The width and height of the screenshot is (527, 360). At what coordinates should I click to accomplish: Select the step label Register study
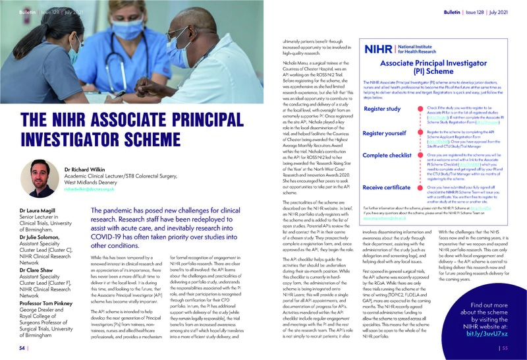click(383, 109)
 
